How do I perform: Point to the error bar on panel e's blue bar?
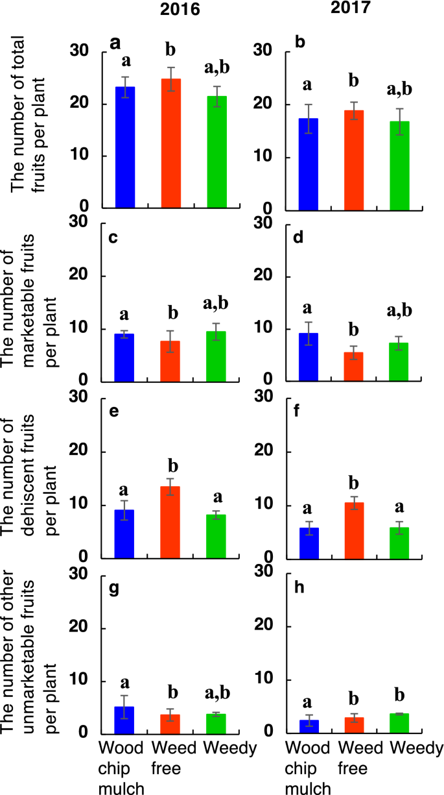tap(124, 510)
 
